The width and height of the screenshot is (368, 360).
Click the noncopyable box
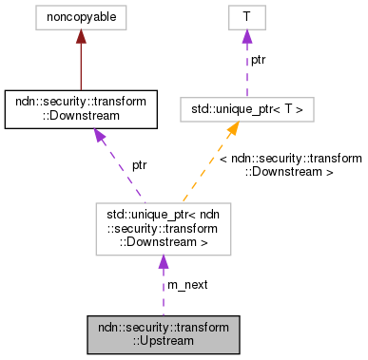tap(80, 16)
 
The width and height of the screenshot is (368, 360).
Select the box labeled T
tap(245, 16)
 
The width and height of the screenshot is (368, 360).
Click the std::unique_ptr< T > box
tap(245, 109)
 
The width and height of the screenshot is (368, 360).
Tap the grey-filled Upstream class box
tap(163, 332)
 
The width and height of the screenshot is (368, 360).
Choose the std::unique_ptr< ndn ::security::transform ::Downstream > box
tap(163, 228)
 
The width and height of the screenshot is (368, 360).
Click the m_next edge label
tap(187, 285)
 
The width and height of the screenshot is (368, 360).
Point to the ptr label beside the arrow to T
tap(259, 60)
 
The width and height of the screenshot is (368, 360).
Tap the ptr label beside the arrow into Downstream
tap(139, 165)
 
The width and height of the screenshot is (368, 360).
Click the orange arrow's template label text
tap(290, 165)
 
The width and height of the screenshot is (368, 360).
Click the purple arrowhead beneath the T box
tap(245, 36)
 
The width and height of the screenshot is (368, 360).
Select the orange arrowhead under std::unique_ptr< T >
tap(231, 132)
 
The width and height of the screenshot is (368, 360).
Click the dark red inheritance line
tap(80, 66)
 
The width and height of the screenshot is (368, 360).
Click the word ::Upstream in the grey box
tap(163, 339)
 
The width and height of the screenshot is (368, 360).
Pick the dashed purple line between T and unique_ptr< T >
tap(245, 71)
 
